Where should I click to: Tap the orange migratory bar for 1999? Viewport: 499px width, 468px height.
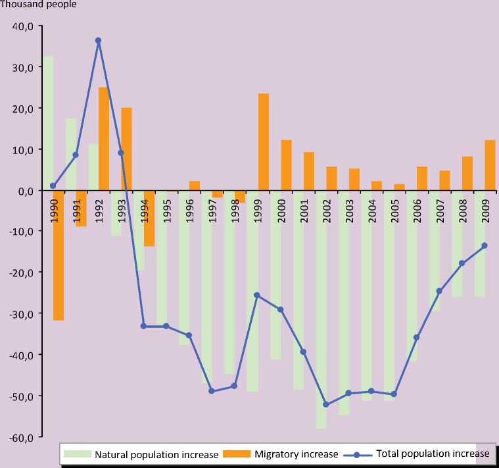[x=263, y=142]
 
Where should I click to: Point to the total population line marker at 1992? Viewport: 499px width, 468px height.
[x=98, y=41]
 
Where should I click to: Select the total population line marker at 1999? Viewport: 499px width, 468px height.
[x=257, y=295]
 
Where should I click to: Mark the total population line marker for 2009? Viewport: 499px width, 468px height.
[x=485, y=246]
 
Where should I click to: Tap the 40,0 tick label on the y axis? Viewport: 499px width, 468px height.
[x=22, y=26]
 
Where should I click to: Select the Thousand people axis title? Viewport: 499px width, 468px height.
[x=39, y=5]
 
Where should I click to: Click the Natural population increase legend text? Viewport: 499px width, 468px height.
[x=156, y=454]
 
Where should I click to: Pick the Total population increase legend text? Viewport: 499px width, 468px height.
[x=433, y=454]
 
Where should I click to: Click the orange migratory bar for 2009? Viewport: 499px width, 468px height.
[x=490, y=165]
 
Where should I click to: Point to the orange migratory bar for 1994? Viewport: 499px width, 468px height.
[x=149, y=219]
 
